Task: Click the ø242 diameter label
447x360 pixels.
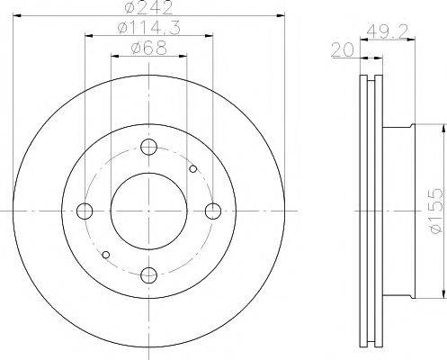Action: point(149,7)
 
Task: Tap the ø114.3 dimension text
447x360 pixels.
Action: point(149,28)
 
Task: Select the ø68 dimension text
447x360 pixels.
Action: point(148,48)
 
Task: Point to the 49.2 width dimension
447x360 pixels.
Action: point(388,31)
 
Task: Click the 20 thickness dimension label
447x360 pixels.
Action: point(343,49)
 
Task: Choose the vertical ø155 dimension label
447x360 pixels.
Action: point(435,211)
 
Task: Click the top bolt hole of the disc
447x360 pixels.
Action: point(149,147)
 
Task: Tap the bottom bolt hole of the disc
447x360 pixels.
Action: point(149,275)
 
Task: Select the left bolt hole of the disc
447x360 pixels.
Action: point(85,211)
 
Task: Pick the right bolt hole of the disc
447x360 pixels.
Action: point(213,211)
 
